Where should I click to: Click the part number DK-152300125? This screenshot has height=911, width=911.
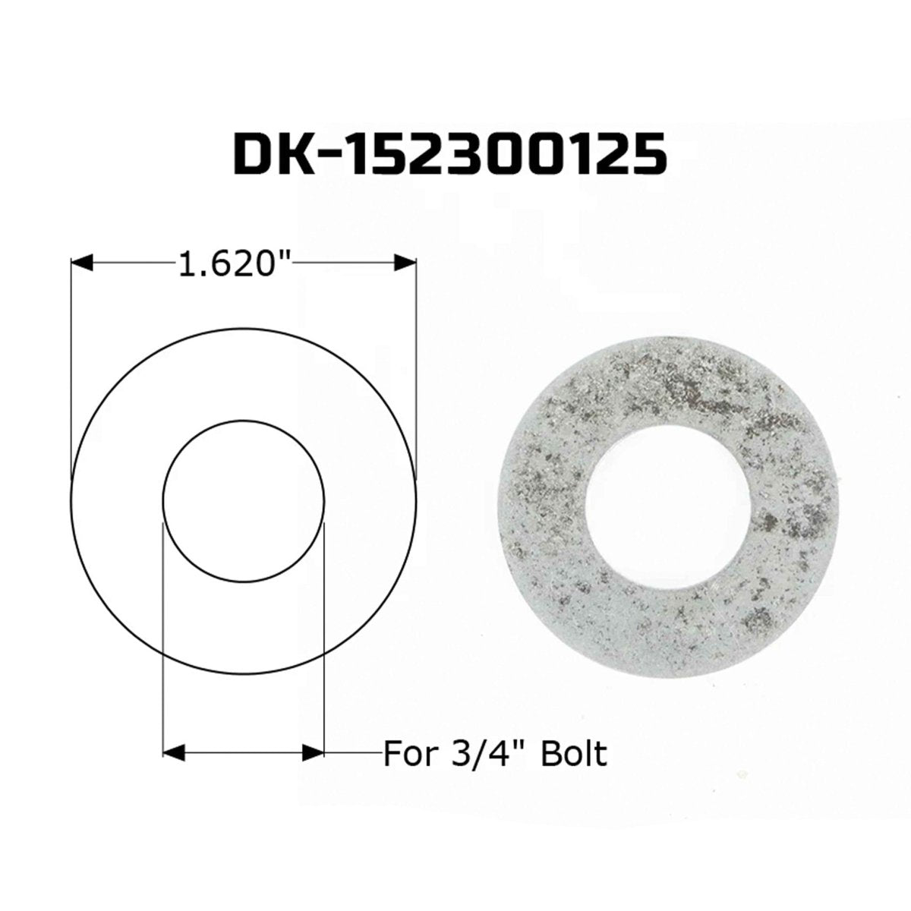[x=449, y=155]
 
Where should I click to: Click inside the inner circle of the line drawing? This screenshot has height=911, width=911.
[x=244, y=501]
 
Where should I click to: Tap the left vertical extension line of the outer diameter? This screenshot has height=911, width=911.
[x=71, y=364]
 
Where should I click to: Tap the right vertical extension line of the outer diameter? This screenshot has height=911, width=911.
[x=417, y=364]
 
